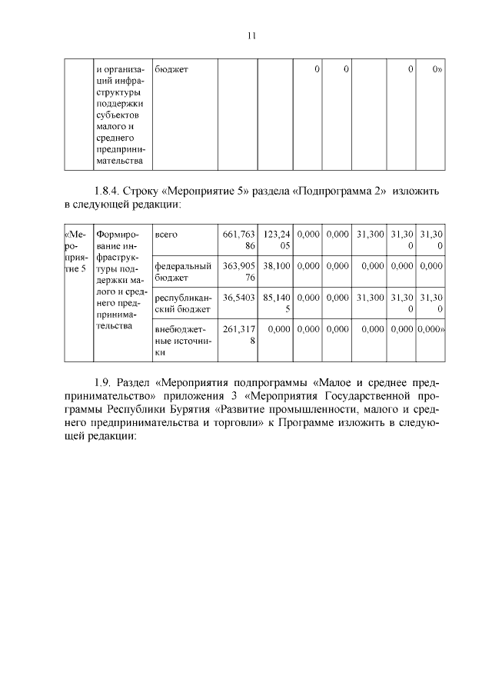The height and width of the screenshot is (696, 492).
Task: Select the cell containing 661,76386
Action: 238,239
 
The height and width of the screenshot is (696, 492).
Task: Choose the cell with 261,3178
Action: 238,335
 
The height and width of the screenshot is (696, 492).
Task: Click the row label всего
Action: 166,234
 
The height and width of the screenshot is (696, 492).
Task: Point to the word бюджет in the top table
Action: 171,70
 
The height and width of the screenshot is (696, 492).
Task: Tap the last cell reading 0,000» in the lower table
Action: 429,328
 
